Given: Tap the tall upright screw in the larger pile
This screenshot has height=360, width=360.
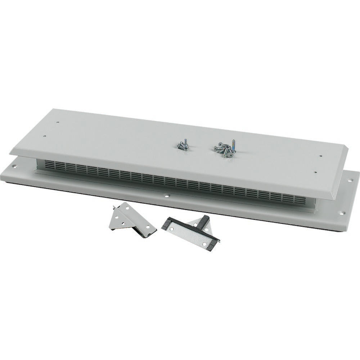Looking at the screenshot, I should [233, 146].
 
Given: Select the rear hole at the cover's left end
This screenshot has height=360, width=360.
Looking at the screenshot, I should [58, 122].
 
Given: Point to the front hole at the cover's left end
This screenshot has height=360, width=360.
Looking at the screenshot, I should [44, 136].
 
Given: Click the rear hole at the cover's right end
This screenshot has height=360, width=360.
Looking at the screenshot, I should [320, 156].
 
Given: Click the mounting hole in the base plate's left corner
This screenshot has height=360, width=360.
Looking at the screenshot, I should [14, 166].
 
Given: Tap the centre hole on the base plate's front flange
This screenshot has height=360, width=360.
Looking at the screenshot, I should [167, 196].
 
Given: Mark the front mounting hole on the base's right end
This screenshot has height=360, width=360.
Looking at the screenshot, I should [341, 213].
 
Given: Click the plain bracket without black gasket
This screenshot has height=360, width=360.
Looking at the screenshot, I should [131, 220].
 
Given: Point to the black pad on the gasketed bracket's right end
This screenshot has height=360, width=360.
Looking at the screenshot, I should [212, 245].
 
